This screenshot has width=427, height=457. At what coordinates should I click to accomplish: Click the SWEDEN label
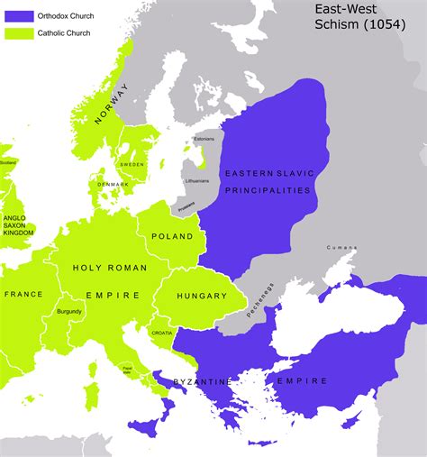click(x=132, y=164)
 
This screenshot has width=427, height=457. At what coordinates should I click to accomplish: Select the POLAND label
click(x=174, y=237)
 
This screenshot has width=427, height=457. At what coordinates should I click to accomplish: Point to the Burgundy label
click(x=69, y=312)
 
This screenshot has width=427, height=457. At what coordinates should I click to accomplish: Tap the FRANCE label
click(x=23, y=294)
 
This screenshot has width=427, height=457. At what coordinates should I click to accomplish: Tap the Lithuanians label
click(x=196, y=181)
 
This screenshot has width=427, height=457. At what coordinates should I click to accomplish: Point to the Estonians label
click(x=204, y=139)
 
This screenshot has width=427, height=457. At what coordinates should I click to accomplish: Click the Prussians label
click(x=186, y=206)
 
